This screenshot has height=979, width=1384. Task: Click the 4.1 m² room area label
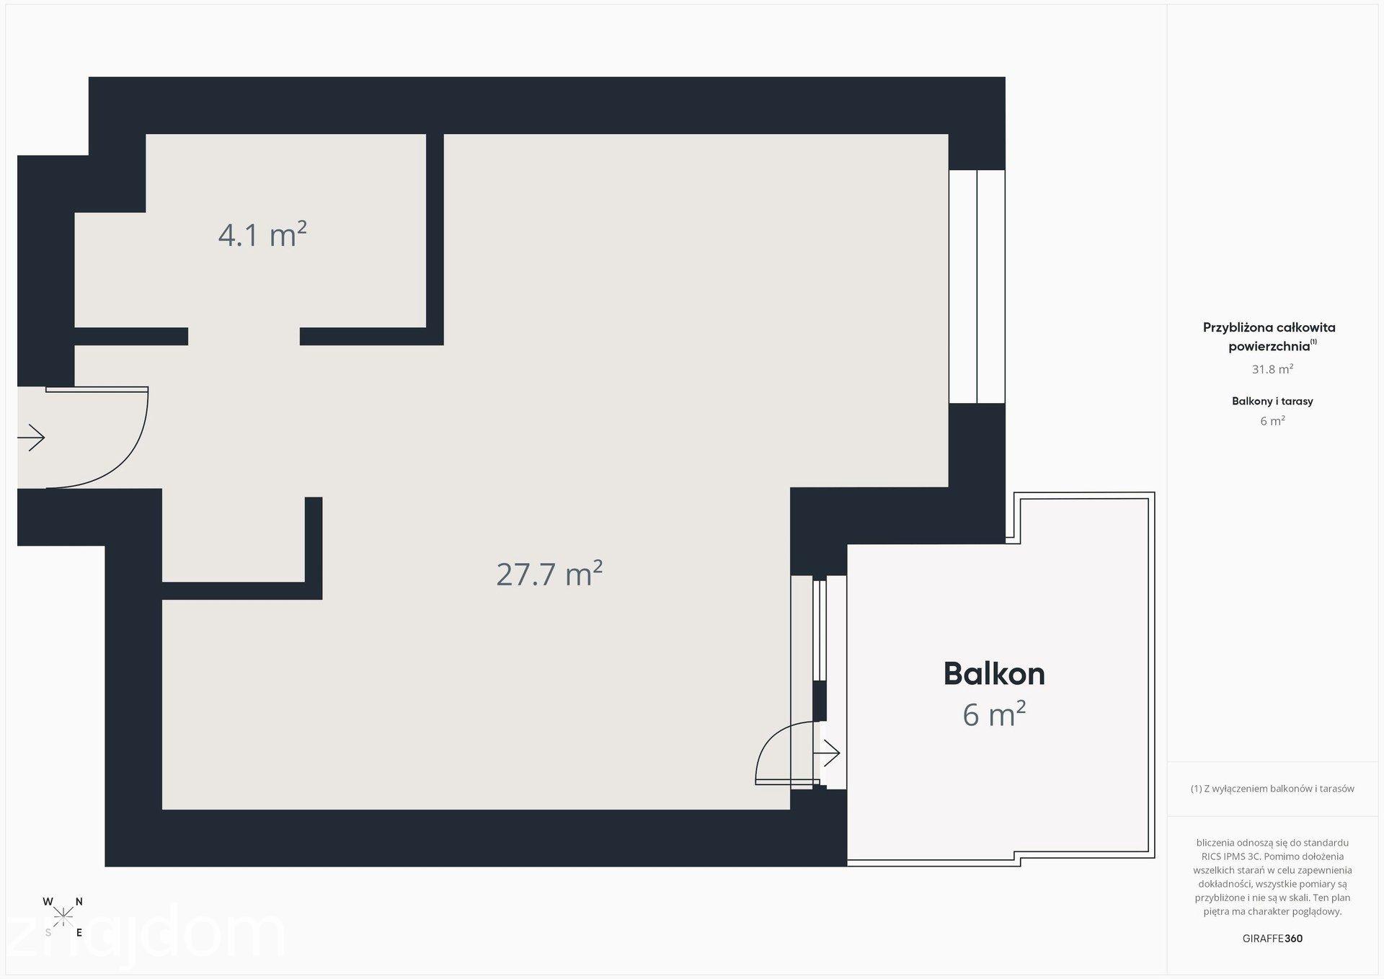coord(262,235)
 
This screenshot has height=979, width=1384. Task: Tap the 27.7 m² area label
coord(549,574)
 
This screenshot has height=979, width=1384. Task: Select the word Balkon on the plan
coord(994,673)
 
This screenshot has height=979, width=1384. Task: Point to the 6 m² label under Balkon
coord(994,714)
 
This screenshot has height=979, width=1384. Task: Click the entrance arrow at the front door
coord(31,438)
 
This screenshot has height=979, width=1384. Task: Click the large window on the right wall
coord(977,286)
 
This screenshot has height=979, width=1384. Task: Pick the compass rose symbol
coord(63,916)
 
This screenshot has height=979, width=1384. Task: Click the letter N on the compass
coord(79,901)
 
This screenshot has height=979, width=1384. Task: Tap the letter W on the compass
coord(48,901)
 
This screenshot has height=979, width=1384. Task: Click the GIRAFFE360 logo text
coord(1272,939)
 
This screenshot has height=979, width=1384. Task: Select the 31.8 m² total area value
coord(1272,369)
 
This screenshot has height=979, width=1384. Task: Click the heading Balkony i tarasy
coord(1272,401)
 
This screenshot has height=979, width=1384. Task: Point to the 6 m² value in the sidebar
coord(1272,421)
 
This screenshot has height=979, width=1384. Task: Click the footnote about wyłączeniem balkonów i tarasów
coord(1272,789)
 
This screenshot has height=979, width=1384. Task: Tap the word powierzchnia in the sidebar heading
coord(1269,346)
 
